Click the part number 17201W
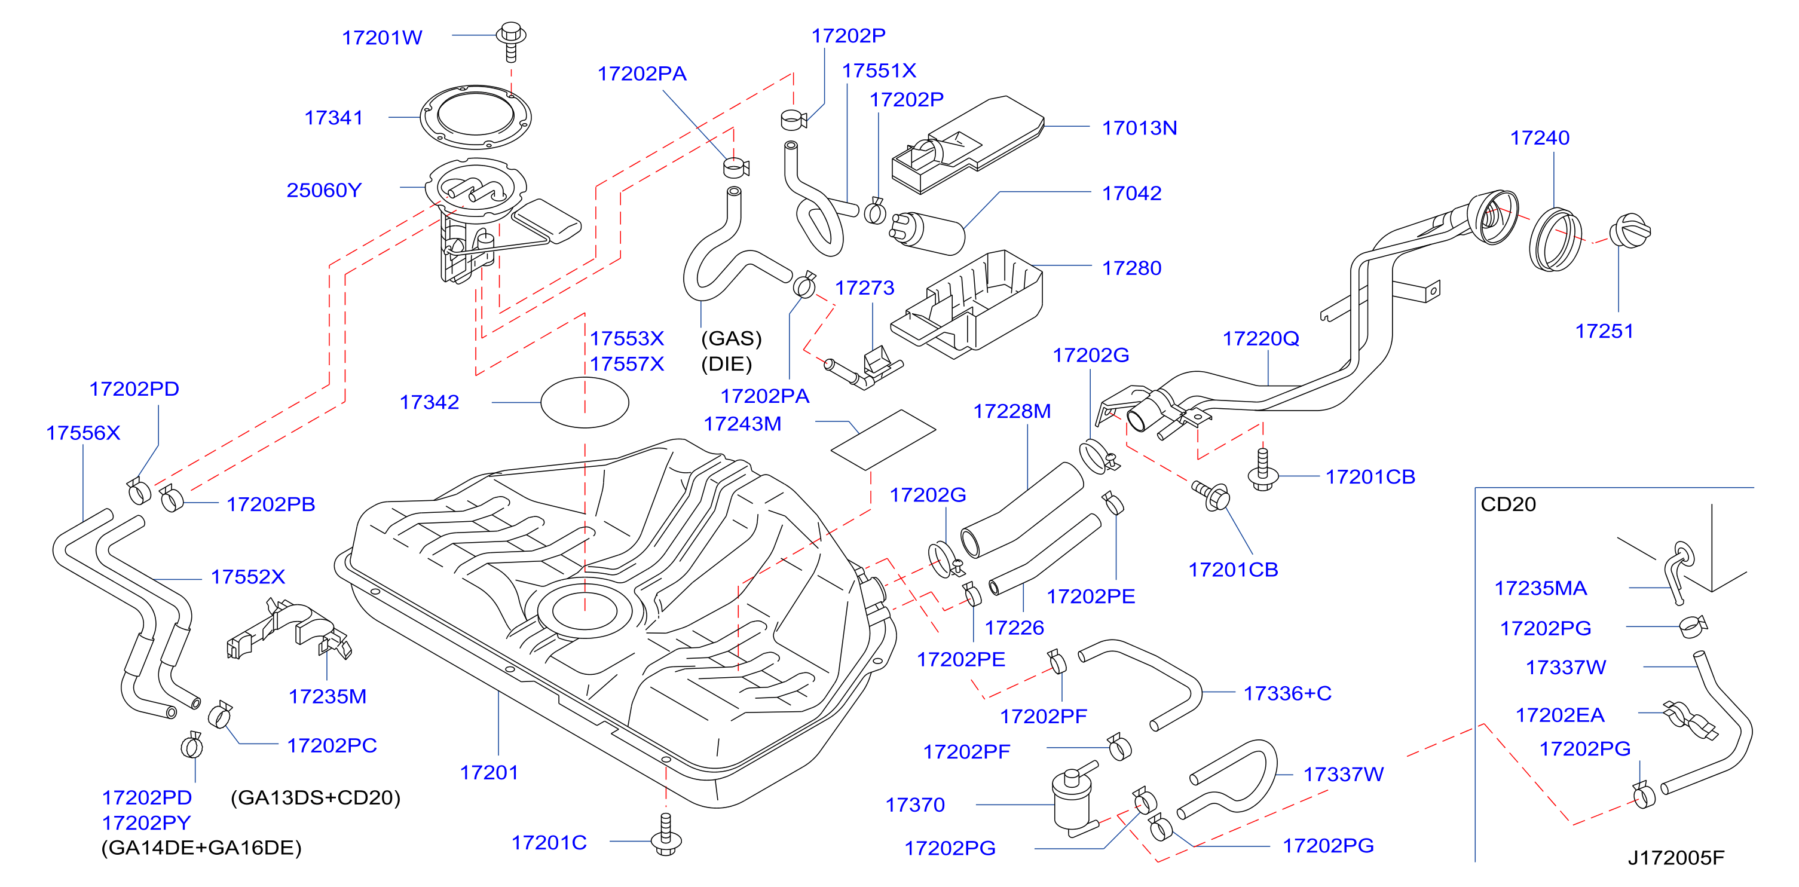[382, 38]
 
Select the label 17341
[334, 117]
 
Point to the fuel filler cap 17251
[1629, 231]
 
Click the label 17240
[1540, 137]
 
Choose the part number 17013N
[1139, 128]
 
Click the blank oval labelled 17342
[585, 402]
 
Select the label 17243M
[742, 424]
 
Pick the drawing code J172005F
[1676, 858]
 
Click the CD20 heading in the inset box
[1508, 504]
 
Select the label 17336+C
[1287, 693]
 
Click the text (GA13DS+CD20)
[316, 797]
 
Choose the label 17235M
[328, 696]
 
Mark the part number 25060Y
[324, 190]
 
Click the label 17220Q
[1260, 339]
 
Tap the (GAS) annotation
[731, 339]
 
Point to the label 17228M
[1012, 411]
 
